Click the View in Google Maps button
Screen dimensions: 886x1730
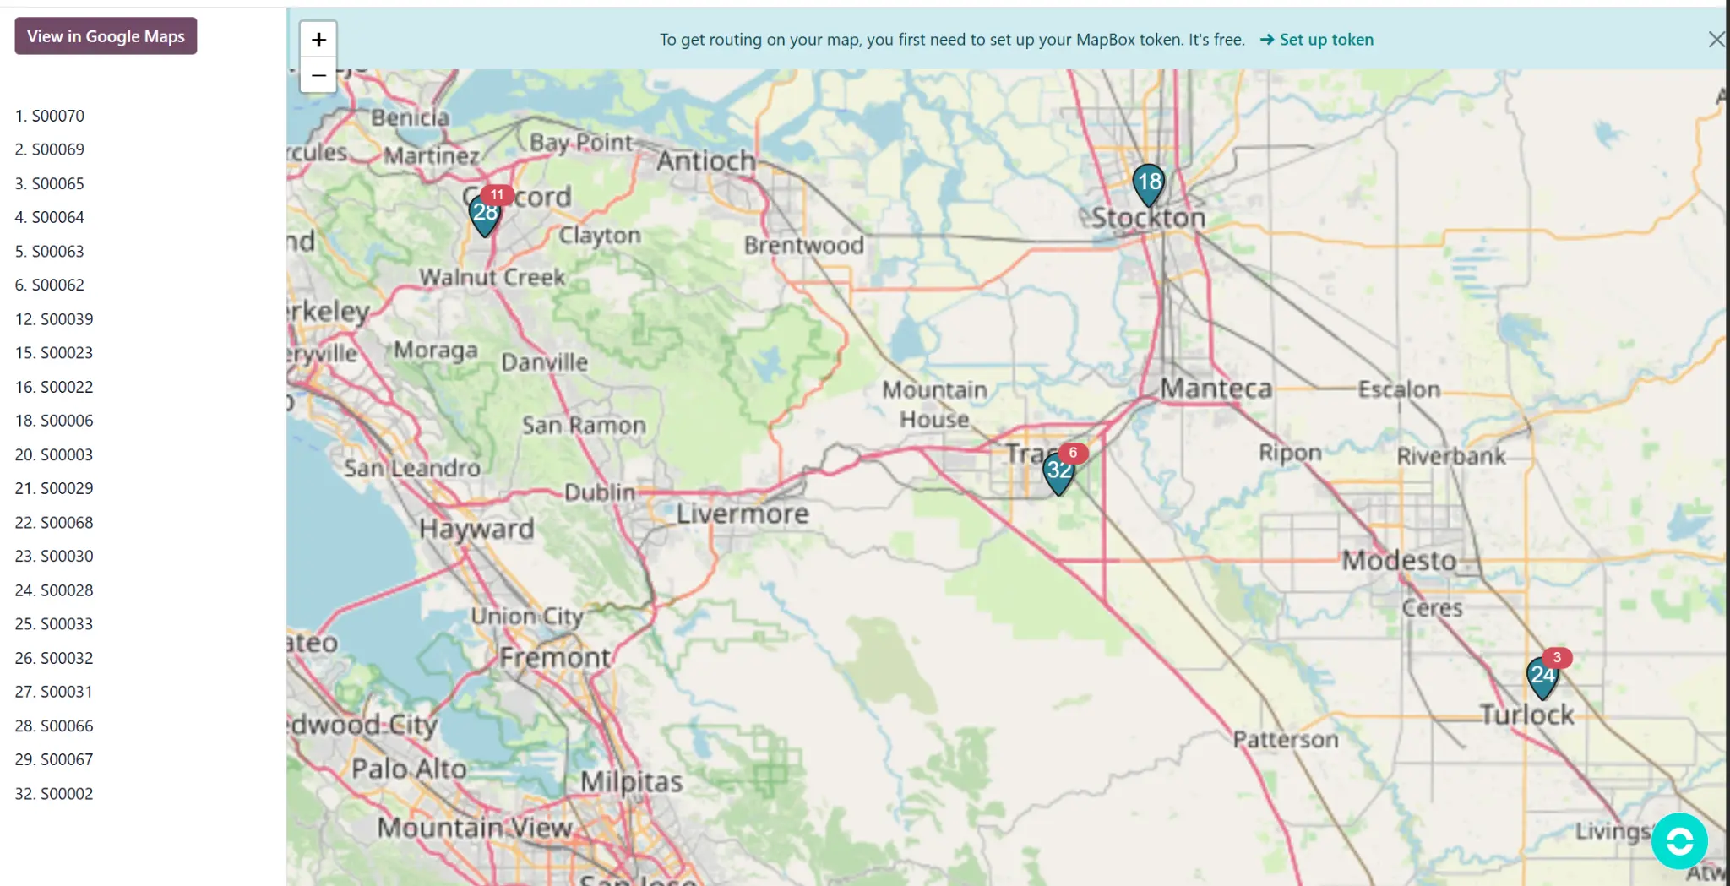(x=106, y=36)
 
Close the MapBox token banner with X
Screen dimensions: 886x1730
(x=1716, y=40)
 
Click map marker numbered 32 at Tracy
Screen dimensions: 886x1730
(x=1058, y=472)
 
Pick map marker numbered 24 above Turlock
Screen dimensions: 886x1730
(x=1542, y=677)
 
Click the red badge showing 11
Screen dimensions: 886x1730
(x=497, y=195)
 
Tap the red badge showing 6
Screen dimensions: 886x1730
(x=1073, y=453)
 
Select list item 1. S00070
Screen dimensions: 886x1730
(x=50, y=116)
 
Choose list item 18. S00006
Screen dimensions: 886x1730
(x=54, y=421)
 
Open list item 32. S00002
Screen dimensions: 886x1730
(x=54, y=794)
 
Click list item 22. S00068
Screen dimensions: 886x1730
(x=54, y=523)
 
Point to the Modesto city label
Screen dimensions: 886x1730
(x=1399, y=560)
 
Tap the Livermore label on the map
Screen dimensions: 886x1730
(x=743, y=514)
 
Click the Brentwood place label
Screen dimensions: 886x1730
(x=803, y=246)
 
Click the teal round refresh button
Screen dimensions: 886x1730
(x=1678, y=841)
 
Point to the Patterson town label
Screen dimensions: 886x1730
(x=1285, y=740)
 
